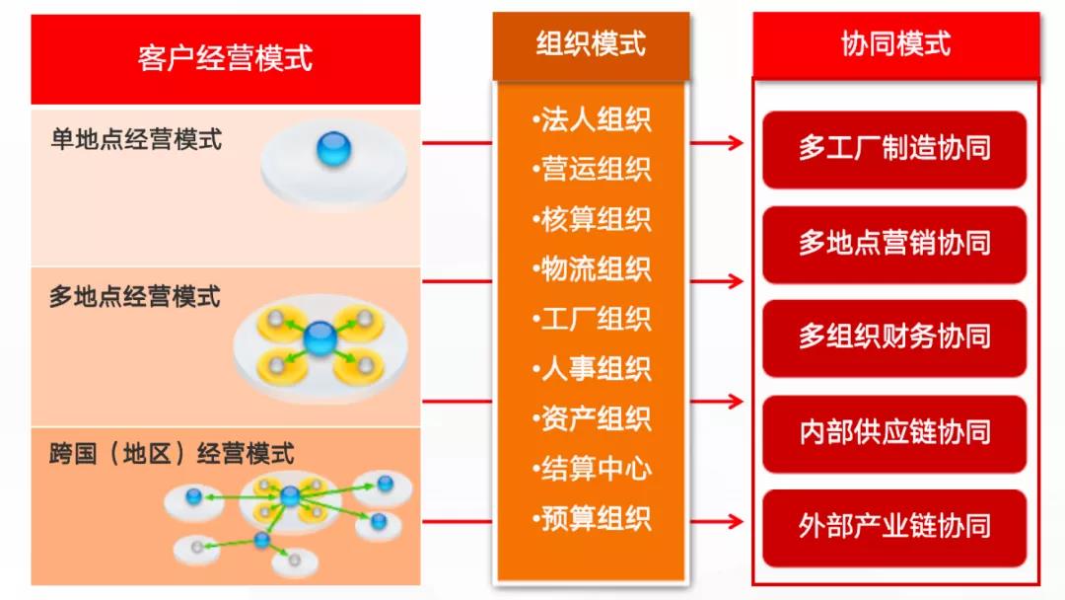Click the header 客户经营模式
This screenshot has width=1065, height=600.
click(x=225, y=58)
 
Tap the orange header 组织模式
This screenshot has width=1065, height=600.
click(x=591, y=44)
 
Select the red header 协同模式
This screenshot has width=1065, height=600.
click(x=895, y=44)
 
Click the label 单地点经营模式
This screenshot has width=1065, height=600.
click(x=136, y=139)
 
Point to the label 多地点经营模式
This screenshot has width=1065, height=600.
click(x=135, y=296)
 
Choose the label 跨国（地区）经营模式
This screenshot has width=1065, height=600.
click(x=172, y=454)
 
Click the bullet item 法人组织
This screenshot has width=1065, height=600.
click(x=592, y=119)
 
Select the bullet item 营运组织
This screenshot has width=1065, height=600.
click(x=592, y=169)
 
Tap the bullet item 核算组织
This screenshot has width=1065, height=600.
click(x=592, y=219)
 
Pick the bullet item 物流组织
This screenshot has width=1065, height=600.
click(x=592, y=268)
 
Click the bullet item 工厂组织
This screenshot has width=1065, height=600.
click(x=592, y=319)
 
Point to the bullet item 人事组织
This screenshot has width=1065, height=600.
click(x=592, y=369)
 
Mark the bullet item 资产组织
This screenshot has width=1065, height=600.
click(x=592, y=418)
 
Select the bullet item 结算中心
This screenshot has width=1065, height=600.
click(x=592, y=469)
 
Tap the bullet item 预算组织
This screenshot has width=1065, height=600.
click(x=592, y=518)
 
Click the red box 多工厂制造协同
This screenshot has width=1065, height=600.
click(x=894, y=149)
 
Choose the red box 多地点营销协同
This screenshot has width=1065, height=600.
click(x=894, y=244)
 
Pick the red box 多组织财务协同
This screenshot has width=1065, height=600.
click(x=894, y=337)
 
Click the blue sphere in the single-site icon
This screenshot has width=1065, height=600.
click(x=333, y=150)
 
